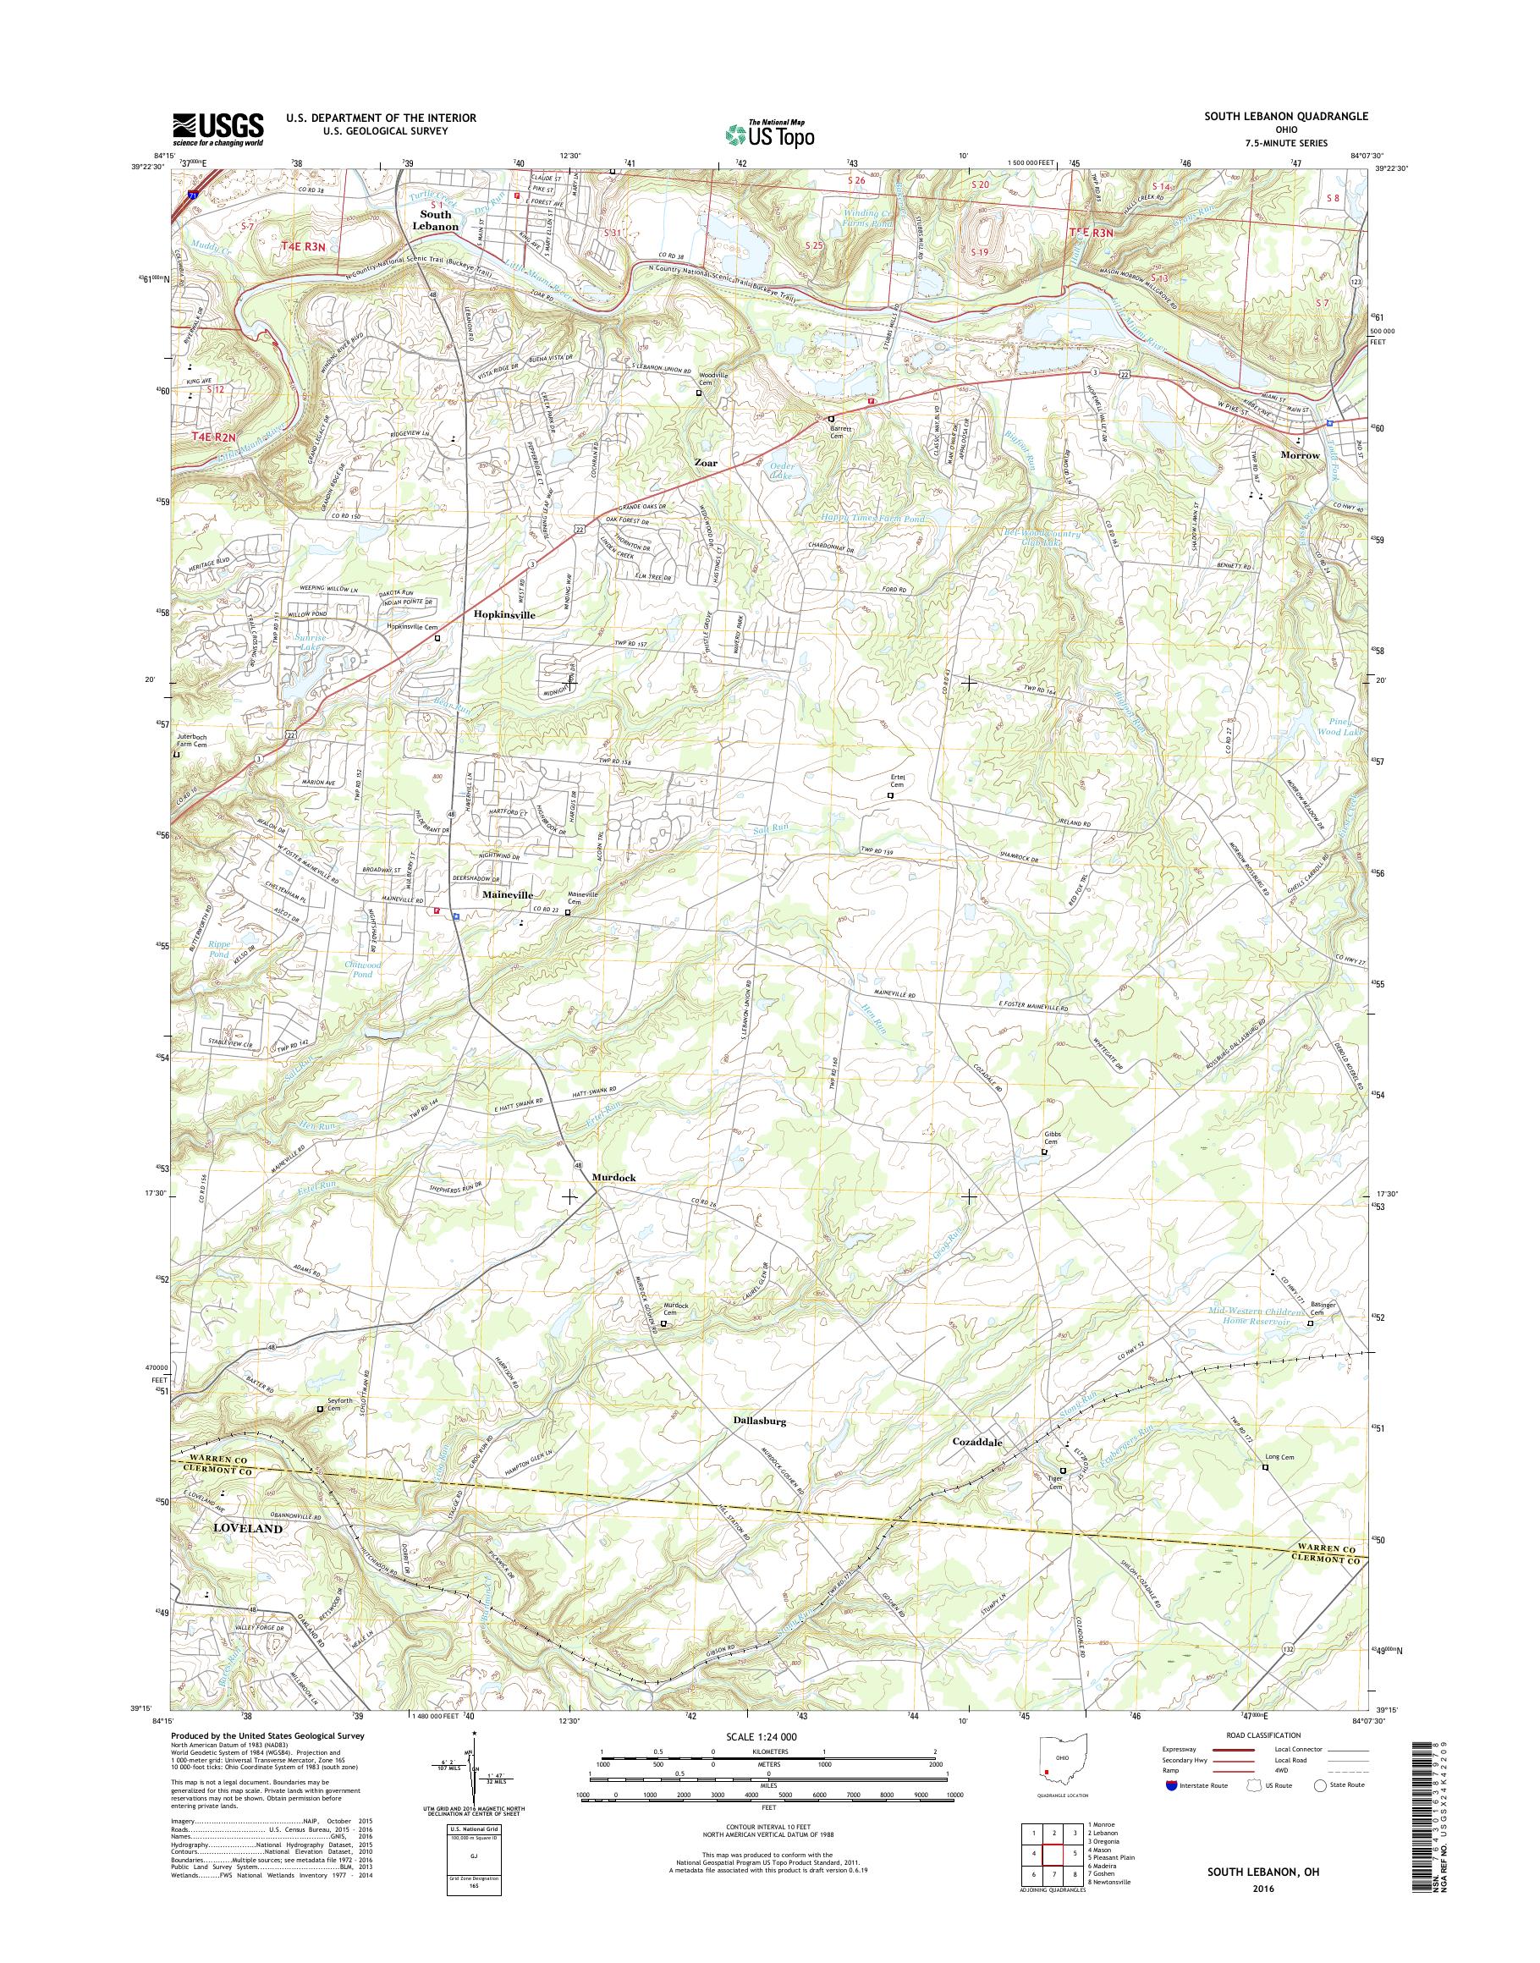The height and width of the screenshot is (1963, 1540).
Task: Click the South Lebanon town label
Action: click(x=436, y=221)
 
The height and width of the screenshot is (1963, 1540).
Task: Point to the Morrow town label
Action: click(x=1299, y=455)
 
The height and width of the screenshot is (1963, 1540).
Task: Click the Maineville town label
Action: click(x=508, y=894)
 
